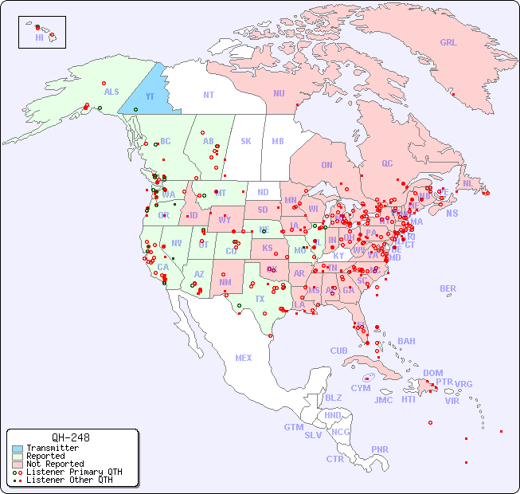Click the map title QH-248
pos(70,437)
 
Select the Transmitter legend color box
pos(18,449)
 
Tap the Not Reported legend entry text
pos(55,464)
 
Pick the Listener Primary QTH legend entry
pos(73,472)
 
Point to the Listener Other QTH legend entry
pos(69,480)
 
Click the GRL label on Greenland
pos(448,43)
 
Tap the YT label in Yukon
pos(149,96)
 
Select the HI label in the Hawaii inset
pos(39,37)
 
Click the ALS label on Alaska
pos(111,92)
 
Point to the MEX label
pos(244,359)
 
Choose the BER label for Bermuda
pos(448,288)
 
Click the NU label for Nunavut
pos(279,93)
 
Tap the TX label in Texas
pos(260,299)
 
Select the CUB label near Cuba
pos(339,351)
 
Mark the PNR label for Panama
pos(380,449)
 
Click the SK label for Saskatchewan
pos(246,141)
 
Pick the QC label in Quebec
pos(387,164)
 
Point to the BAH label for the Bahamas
pos(406,341)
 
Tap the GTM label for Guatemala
pos(293,427)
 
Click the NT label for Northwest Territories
pos(209,95)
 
